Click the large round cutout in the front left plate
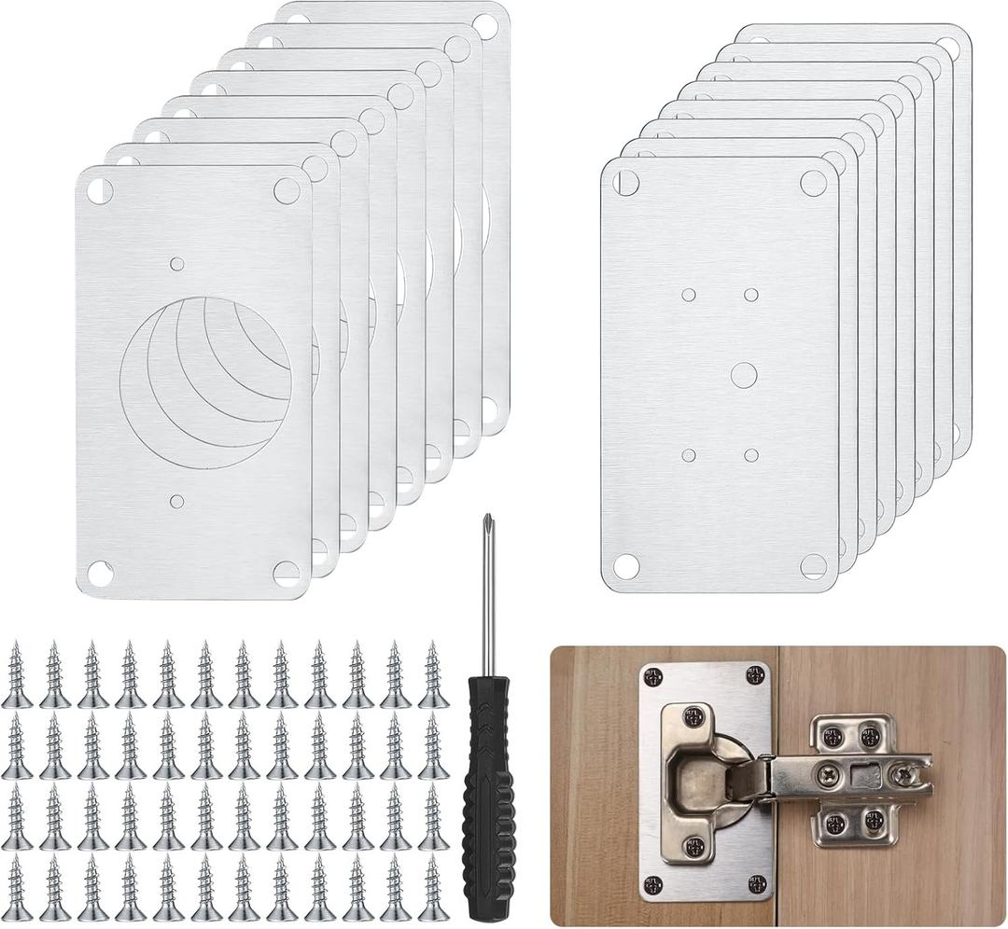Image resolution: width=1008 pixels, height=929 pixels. point(206,383)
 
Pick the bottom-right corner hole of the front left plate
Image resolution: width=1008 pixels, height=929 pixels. point(287,572)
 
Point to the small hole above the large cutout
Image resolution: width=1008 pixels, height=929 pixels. point(177,264)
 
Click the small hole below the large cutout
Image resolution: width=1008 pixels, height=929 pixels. point(177,501)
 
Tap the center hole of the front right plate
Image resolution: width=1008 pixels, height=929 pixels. point(743,375)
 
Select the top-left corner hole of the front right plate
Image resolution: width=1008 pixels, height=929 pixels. point(626,183)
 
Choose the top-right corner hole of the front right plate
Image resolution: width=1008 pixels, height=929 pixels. point(813,183)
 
